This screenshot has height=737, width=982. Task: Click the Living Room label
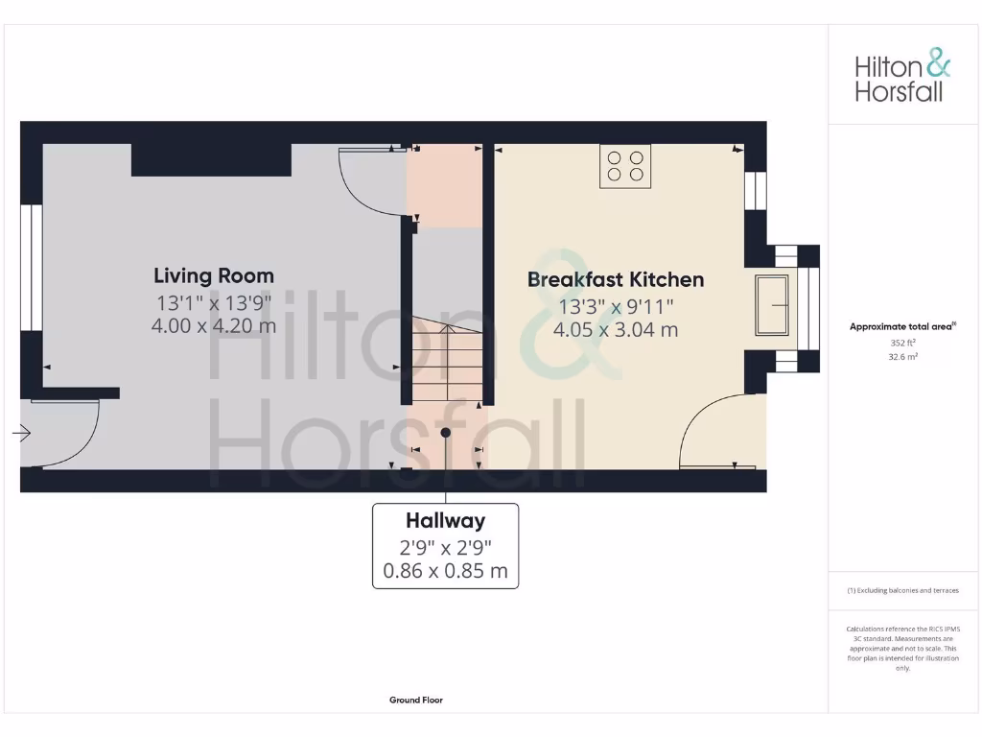point(214,275)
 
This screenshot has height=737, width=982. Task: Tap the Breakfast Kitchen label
point(616,279)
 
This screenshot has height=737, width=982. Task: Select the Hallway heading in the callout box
point(445,521)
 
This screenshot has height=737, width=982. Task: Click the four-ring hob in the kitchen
point(624,166)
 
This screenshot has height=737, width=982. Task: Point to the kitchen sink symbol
point(772,305)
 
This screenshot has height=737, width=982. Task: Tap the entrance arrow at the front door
point(21,435)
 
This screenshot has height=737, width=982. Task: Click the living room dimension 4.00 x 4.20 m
point(214,326)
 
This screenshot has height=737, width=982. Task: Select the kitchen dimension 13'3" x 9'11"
point(616,307)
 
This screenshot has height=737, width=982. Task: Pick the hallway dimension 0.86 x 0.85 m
point(445,574)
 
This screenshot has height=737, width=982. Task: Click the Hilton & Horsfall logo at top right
point(902,78)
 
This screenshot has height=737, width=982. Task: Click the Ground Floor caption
point(416,701)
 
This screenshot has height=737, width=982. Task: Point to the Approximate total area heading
point(901,327)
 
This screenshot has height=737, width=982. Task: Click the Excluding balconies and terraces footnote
point(901,591)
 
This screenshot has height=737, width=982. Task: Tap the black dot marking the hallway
point(446,433)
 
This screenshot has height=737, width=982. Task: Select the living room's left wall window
point(31,268)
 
